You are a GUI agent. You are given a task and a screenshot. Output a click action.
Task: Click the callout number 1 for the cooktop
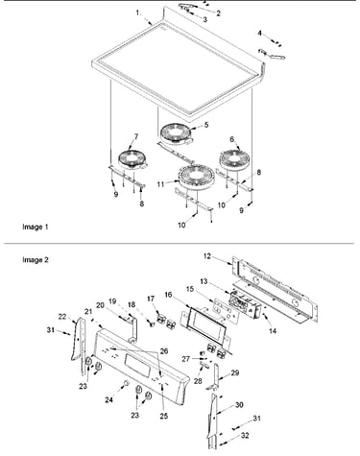137,12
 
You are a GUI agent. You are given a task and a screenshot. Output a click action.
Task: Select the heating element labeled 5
176,133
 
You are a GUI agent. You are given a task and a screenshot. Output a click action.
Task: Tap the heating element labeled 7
132,158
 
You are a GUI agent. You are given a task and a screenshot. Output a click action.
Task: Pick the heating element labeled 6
234,158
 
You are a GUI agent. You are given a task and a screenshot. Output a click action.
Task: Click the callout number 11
160,184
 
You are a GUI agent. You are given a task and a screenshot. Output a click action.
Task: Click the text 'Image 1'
36,227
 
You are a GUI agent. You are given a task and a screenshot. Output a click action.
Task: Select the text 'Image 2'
36,260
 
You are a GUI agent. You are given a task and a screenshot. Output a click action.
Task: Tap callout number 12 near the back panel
207,256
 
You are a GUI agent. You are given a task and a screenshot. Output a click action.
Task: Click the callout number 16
169,295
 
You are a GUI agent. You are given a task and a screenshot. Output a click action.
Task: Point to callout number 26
164,351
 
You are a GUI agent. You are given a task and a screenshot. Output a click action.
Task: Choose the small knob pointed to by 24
126,383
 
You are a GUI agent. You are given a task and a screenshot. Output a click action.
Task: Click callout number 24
109,399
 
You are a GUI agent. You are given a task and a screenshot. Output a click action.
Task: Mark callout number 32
245,436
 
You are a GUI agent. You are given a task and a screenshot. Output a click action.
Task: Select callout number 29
235,372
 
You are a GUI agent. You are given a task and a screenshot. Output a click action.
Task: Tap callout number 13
204,281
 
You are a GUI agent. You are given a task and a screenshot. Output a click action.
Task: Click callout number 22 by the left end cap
62,317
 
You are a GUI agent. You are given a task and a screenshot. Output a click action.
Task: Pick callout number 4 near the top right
260,33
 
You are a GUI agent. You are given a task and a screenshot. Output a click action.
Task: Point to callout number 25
163,416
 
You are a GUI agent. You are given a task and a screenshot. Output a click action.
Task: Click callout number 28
198,381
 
